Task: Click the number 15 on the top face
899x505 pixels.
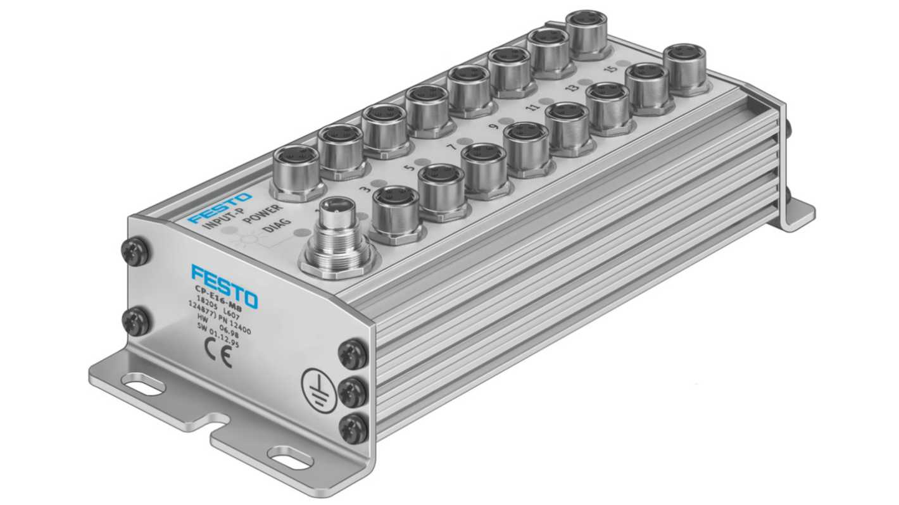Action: point(610,69)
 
